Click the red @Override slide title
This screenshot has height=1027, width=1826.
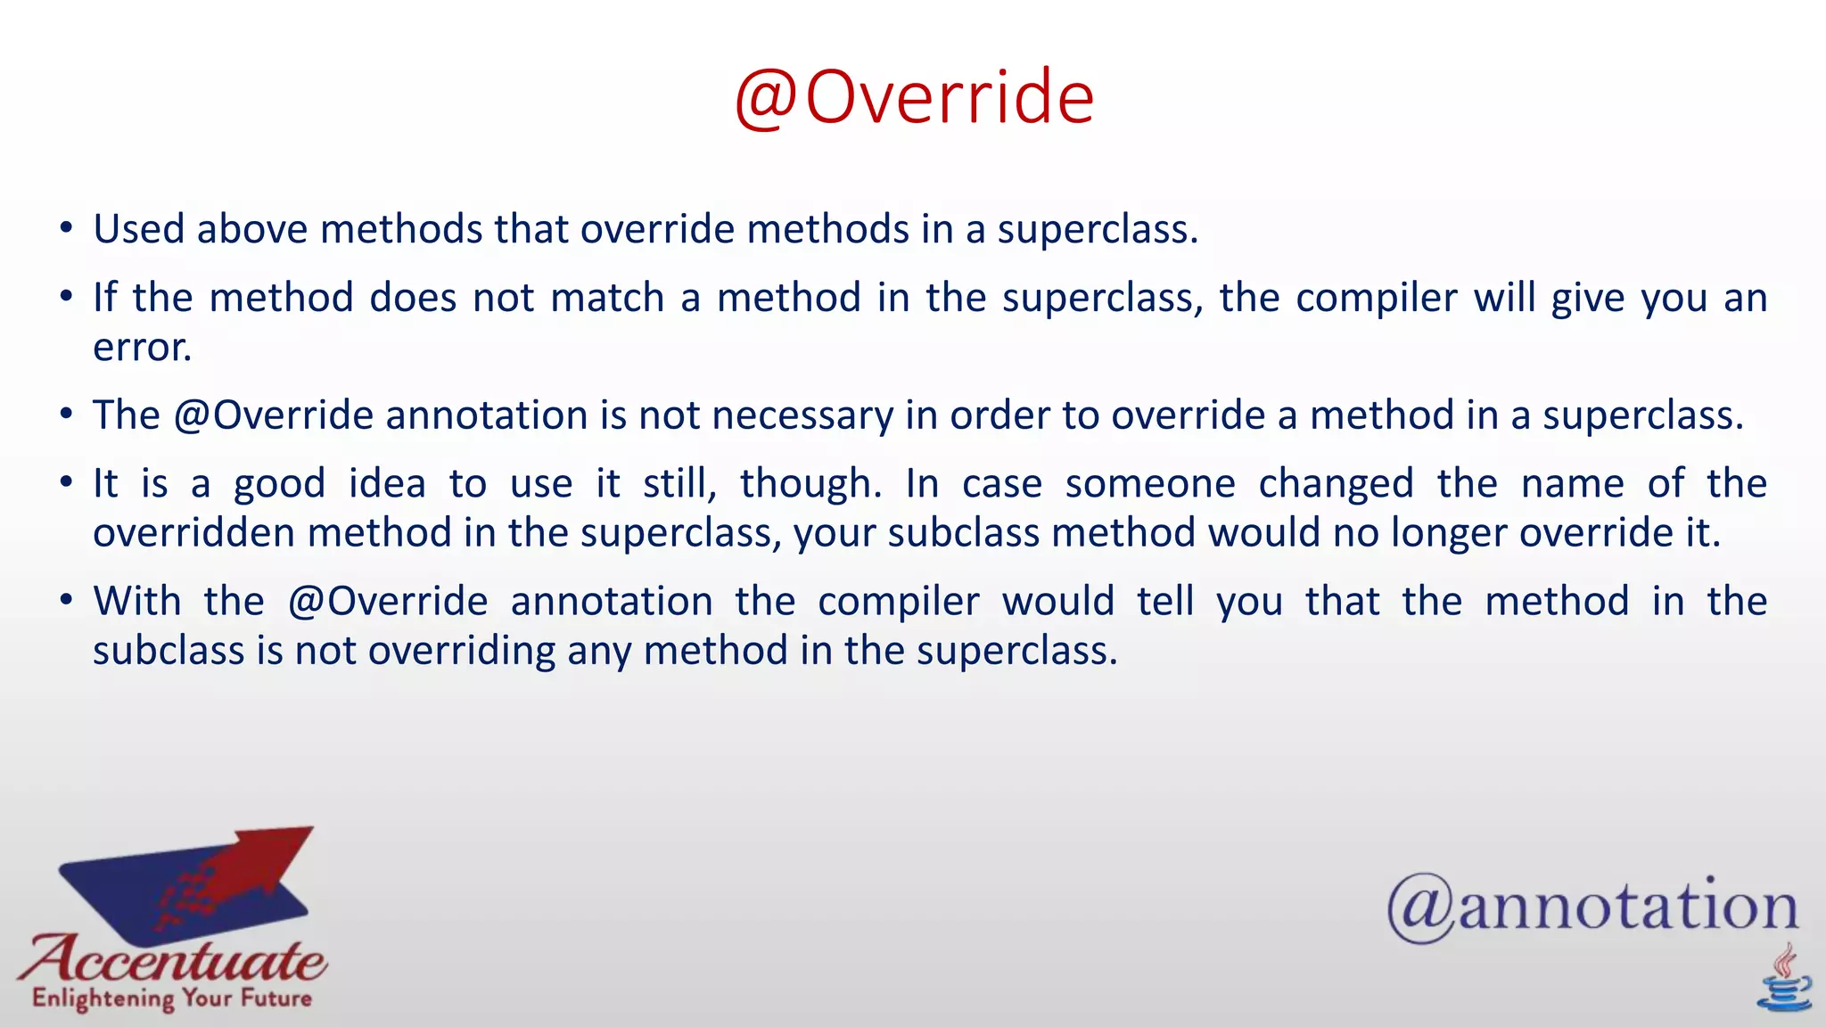914,97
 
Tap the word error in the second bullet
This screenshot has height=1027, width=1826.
142,347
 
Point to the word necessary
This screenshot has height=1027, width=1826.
802,416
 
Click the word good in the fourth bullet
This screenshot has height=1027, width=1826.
279,484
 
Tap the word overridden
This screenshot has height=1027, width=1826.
194,533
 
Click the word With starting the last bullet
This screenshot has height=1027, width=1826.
137,601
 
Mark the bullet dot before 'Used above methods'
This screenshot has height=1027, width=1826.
66,228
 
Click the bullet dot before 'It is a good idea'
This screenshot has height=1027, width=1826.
66,483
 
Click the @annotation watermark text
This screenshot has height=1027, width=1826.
1592,908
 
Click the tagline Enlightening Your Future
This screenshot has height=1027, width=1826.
172,998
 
